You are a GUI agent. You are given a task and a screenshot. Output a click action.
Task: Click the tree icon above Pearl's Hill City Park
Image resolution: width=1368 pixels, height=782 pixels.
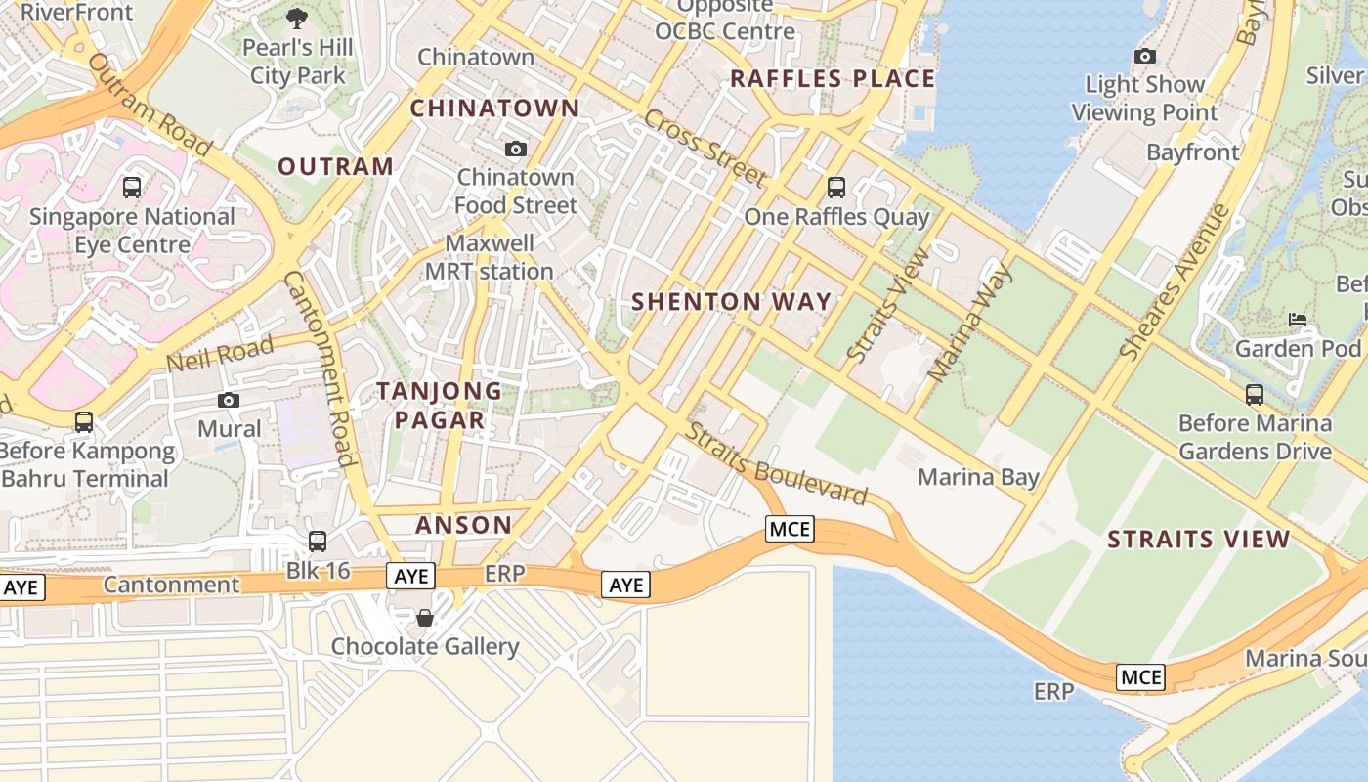[x=296, y=18]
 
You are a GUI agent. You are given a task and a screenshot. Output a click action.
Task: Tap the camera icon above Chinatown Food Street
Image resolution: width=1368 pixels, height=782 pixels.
[x=516, y=149]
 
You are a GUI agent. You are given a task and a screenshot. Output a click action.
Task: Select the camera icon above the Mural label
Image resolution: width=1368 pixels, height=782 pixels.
[x=229, y=400]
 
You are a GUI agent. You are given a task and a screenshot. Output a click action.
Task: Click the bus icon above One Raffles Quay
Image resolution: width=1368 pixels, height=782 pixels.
[x=835, y=187]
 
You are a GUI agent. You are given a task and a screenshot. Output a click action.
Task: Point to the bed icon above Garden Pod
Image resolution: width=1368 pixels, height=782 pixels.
[x=1298, y=320]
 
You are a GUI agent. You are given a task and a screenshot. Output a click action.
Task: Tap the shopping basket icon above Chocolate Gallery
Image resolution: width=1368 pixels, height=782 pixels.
[x=425, y=618]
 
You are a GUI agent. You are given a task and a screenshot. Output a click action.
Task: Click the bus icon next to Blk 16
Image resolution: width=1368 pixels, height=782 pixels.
[x=318, y=541]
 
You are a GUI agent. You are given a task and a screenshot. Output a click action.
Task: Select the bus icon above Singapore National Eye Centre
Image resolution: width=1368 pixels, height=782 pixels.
[x=132, y=187]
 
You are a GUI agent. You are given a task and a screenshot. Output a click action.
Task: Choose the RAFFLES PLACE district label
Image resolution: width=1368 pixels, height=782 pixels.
[x=833, y=79]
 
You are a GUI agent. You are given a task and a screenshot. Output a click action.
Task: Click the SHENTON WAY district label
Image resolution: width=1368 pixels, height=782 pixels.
[x=731, y=302]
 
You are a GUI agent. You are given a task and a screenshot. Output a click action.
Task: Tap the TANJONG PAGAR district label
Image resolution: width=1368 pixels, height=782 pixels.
[x=431, y=406]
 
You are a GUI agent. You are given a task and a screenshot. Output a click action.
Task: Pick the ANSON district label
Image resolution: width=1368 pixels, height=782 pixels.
[x=463, y=525]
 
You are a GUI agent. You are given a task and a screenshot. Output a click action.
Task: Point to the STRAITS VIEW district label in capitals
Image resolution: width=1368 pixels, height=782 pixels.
[x=1198, y=540]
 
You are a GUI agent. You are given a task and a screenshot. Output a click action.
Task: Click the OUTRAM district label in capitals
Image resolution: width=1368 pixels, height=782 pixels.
[x=336, y=166]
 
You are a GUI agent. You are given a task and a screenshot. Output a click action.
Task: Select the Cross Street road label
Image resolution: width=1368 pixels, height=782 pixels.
[x=704, y=147]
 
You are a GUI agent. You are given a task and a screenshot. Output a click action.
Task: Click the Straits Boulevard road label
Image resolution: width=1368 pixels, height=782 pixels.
[x=777, y=464]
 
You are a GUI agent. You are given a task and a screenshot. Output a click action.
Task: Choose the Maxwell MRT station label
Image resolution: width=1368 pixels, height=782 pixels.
[x=490, y=257]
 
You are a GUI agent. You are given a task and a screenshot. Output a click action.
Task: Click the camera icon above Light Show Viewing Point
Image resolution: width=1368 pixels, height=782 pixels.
[x=1145, y=57]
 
